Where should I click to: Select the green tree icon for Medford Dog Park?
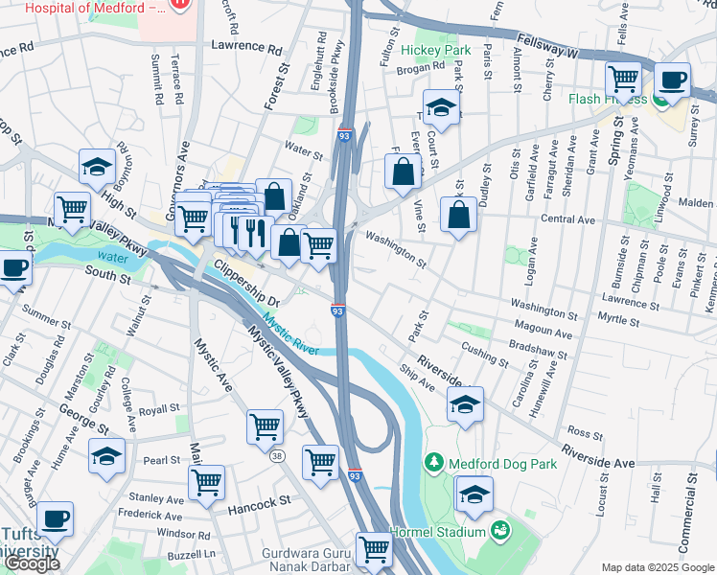pos(434,464)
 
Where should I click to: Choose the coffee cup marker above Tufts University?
pos(55,518)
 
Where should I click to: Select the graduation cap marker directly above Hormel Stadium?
pos(474,494)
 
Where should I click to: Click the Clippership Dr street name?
pos(245,283)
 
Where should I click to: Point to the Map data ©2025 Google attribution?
pos(657,567)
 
